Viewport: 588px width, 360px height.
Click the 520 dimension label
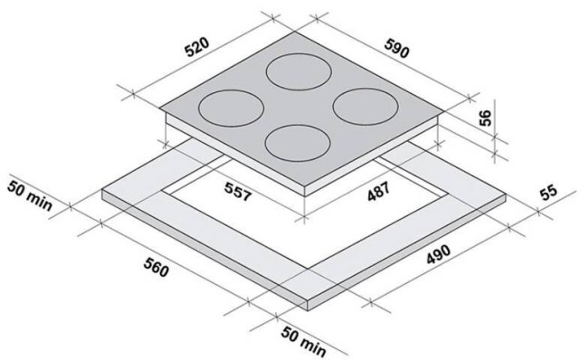click(x=197, y=47)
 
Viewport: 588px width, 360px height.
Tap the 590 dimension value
click(x=396, y=48)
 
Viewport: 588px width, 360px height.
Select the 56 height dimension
click(x=485, y=118)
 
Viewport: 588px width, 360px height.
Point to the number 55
click(x=548, y=193)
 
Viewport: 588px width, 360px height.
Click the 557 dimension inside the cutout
click(x=237, y=191)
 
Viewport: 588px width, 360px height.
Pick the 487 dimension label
click(x=378, y=191)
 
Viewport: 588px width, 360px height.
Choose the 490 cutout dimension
click(x=438, y=254)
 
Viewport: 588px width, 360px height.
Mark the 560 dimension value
click(x=156, y=268)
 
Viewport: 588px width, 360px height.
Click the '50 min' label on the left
click(x=30, y=195)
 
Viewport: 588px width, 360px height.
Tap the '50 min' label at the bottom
click(x=303, y=341)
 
